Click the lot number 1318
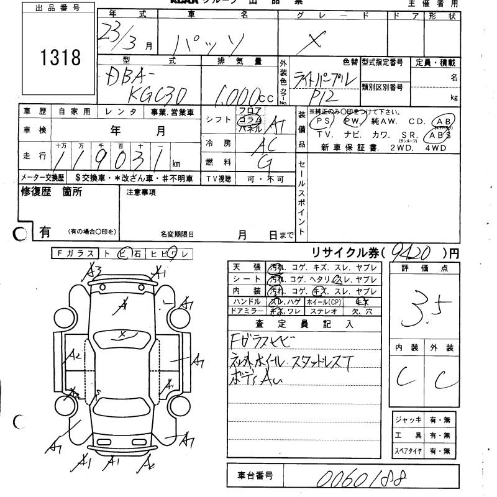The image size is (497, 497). [60, 58]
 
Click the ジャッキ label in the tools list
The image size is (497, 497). [409, 420]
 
